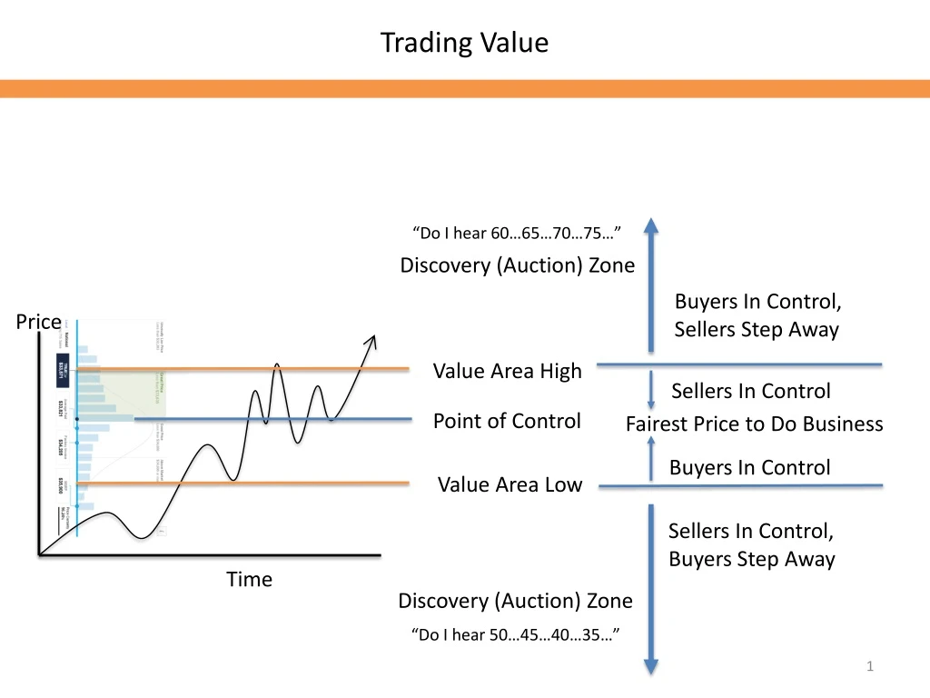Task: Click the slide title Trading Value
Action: [x=464, y=43]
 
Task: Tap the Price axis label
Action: [x=39, y=322]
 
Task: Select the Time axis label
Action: [x=249, y=579]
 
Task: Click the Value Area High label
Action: [x=507, y=371]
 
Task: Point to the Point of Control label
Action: [x=507, y=421]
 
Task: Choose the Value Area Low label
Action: [x=510, y=484]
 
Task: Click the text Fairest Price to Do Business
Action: [x=754, y=424]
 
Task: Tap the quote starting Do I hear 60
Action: [x=516, y=234]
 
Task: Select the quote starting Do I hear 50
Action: [x=516, y=634]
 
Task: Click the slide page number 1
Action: [x=870, y=668]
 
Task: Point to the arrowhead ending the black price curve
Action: [x=370, y=342]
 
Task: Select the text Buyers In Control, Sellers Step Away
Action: [x=757, y=315]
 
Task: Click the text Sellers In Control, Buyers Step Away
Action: [x=751, y=544]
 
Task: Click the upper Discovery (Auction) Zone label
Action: [x=518, y=265]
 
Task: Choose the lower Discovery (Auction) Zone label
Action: [x=515, y=601]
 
